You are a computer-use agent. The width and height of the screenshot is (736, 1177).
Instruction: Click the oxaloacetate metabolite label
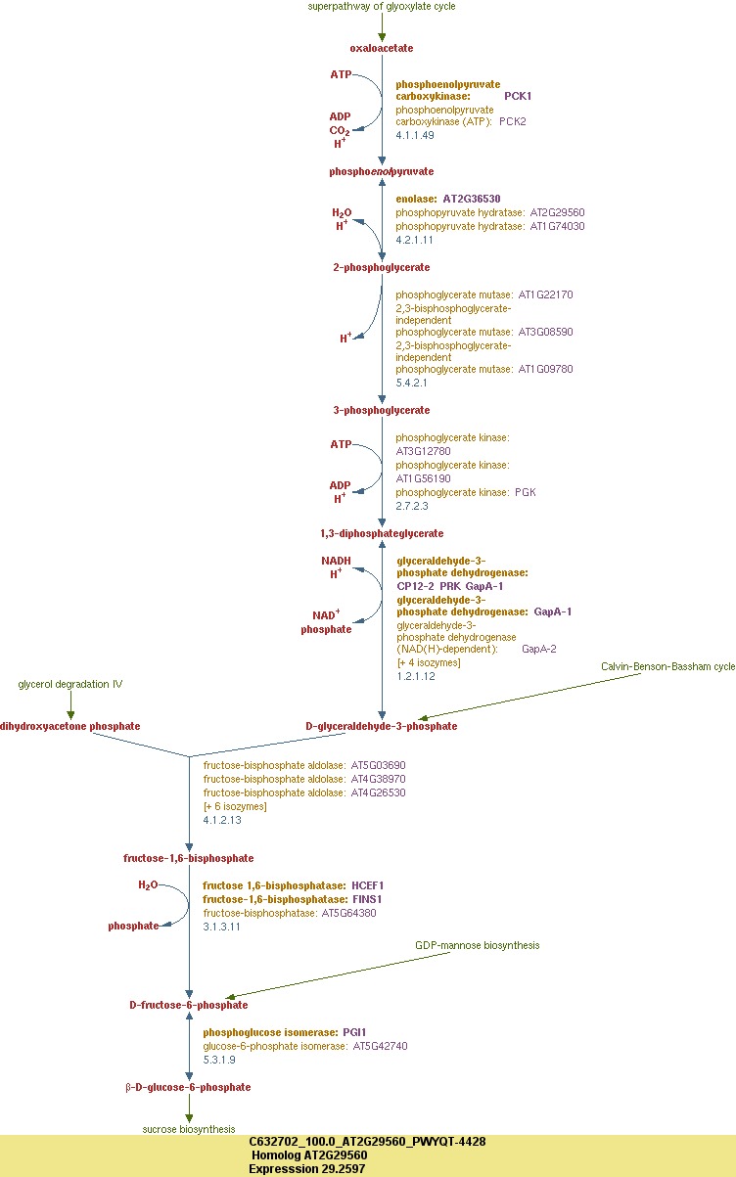(382, 48)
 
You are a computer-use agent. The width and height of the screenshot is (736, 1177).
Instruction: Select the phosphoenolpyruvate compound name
(382, 171)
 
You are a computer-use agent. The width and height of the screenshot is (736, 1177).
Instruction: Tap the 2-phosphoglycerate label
(382, 267)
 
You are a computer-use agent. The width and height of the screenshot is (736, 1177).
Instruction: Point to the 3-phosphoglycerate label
(382, 410)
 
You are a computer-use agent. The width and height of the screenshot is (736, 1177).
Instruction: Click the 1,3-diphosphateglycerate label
(382, 533)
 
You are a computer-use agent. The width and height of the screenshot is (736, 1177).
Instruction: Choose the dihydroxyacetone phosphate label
(70, 726)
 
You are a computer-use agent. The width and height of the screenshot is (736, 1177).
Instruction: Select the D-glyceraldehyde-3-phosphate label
(382, 726)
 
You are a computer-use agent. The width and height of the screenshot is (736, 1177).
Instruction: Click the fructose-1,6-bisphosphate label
(189, 858)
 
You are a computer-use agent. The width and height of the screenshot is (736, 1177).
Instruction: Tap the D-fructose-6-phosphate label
(189, 1005)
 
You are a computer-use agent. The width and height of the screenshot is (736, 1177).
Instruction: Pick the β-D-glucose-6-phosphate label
(189, 1087)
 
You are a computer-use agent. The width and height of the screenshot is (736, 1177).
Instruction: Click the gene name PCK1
(518, 96)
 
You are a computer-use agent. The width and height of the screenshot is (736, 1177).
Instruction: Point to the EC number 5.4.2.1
(411, 383)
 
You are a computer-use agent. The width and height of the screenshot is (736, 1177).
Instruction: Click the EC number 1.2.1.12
(416, 676)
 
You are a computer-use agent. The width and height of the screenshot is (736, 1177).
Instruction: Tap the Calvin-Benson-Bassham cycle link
(667, 666)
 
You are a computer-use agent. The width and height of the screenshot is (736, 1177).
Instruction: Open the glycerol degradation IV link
(70, 684)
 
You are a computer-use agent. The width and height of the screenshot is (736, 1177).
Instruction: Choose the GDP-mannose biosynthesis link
(477, 945)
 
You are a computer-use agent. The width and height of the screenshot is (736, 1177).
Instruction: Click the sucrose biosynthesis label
(189, 1129)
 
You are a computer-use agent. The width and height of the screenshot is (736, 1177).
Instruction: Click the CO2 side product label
(339, 130)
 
